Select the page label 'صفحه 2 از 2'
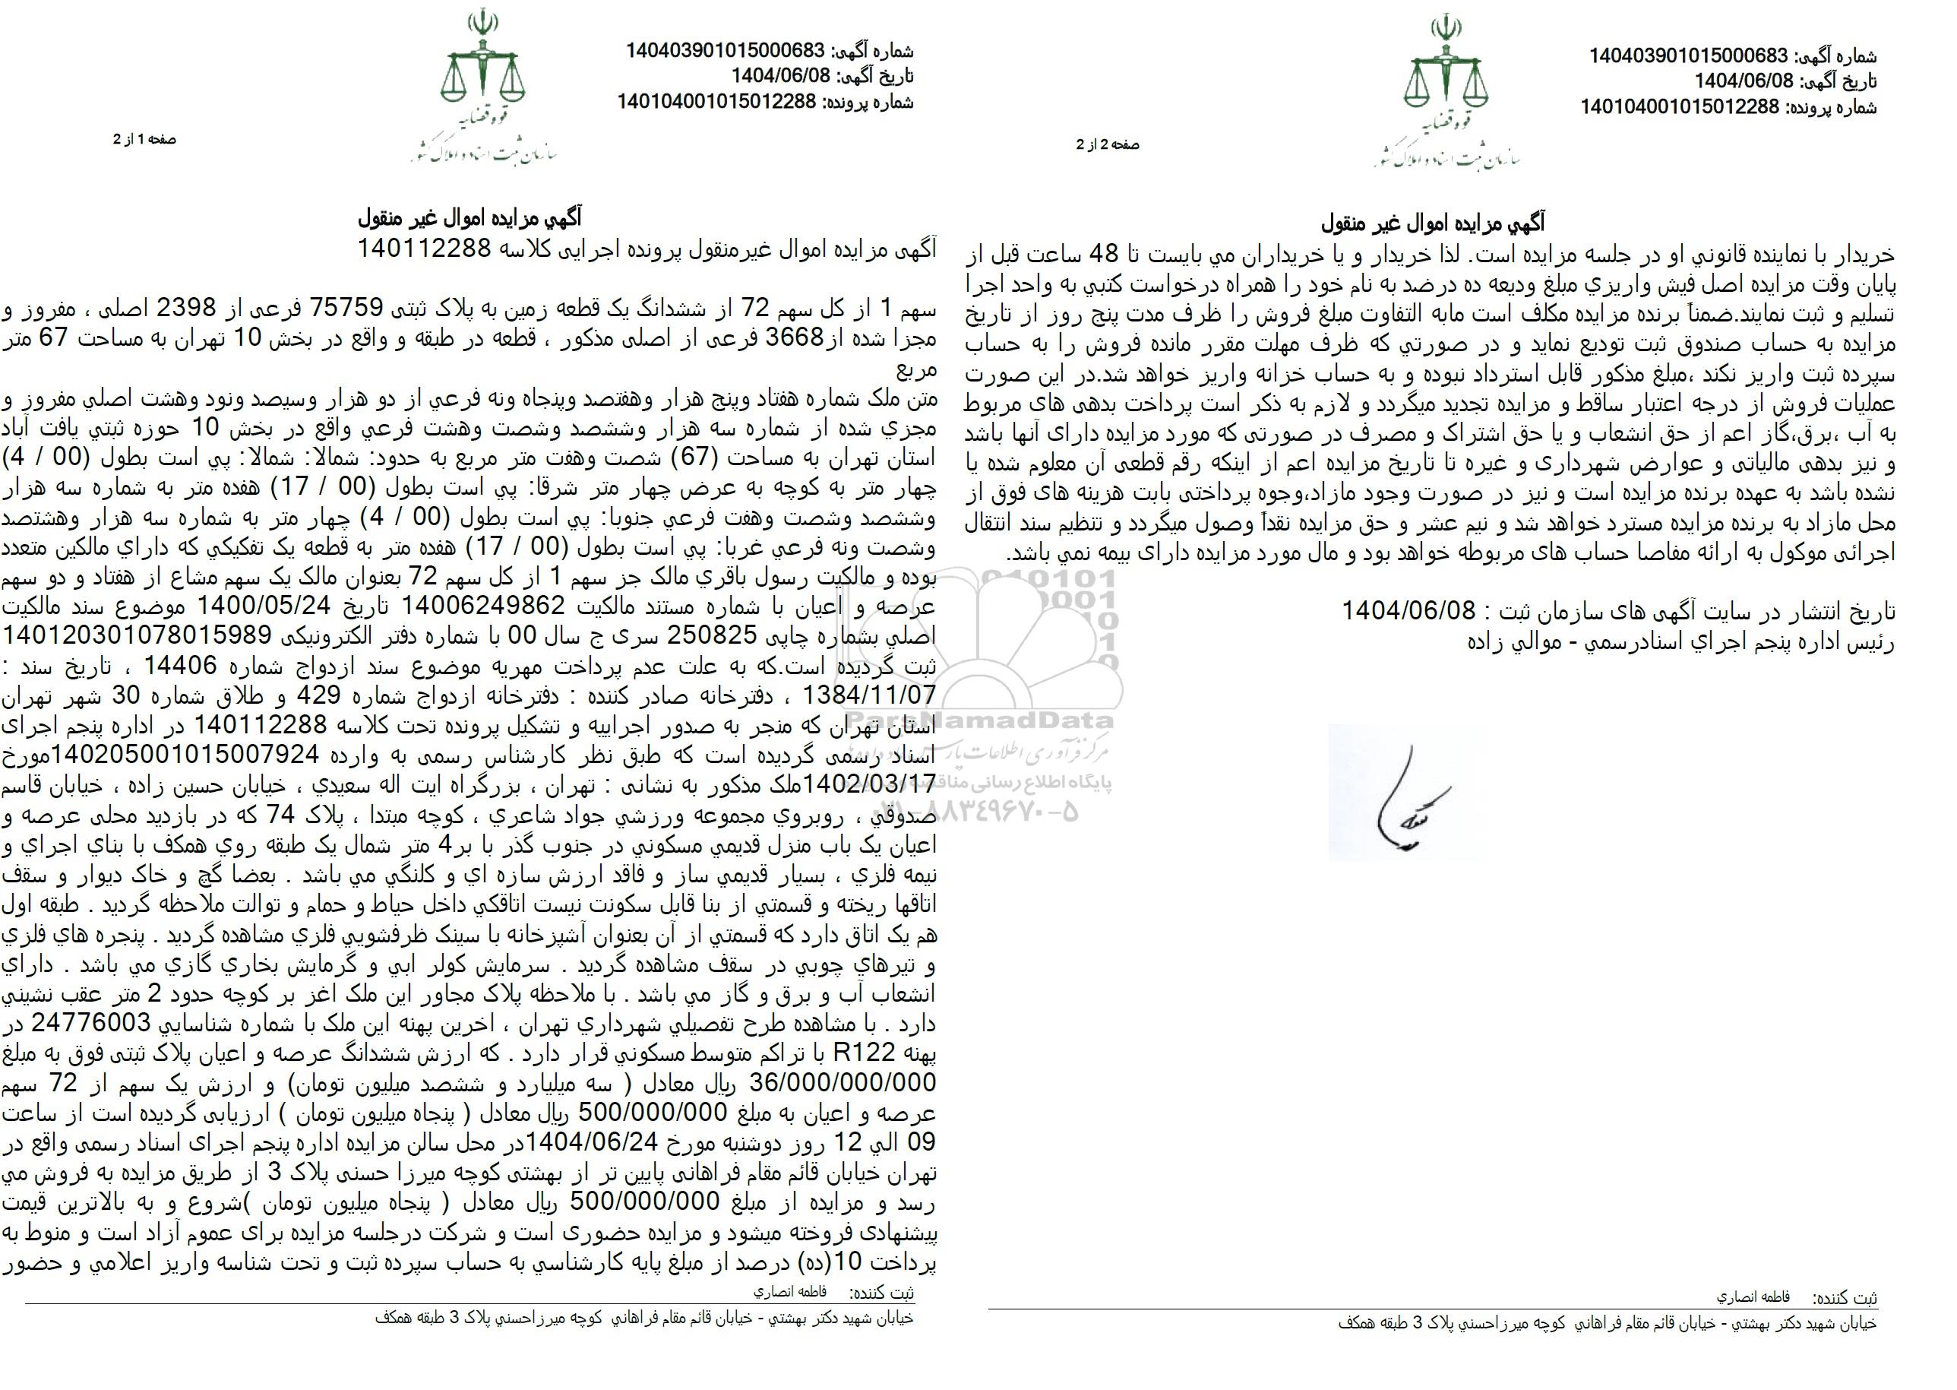[1108, 145]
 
